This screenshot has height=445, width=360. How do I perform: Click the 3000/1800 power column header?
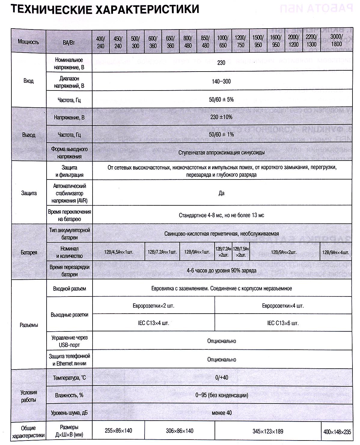[337, 41]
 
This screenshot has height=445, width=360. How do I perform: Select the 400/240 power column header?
[101, 42]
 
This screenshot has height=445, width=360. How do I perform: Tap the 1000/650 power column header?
[223, 41]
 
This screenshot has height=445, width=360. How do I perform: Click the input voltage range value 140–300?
[221, 81]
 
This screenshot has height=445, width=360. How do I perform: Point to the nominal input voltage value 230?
[222, 63]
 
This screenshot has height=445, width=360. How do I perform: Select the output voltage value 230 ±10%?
[221, 117]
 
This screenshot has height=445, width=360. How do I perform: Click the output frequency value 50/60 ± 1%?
[222, 134]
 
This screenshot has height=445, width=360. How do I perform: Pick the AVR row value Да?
[221, 193]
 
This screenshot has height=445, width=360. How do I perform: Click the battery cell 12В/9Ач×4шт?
[336, 252]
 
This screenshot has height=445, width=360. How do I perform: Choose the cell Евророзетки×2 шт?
[154, 306]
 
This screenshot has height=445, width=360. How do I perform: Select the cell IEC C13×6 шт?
[283, 323]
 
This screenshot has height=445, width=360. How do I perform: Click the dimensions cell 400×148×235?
[337, 432]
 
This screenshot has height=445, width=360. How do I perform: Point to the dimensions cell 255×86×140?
[118, 431]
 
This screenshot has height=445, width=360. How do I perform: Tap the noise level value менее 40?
[222, 413]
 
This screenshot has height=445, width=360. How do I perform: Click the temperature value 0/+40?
[222, 377]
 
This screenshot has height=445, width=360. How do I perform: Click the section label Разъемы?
[29, 325]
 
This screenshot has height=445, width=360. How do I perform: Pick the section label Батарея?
[29, 252]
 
